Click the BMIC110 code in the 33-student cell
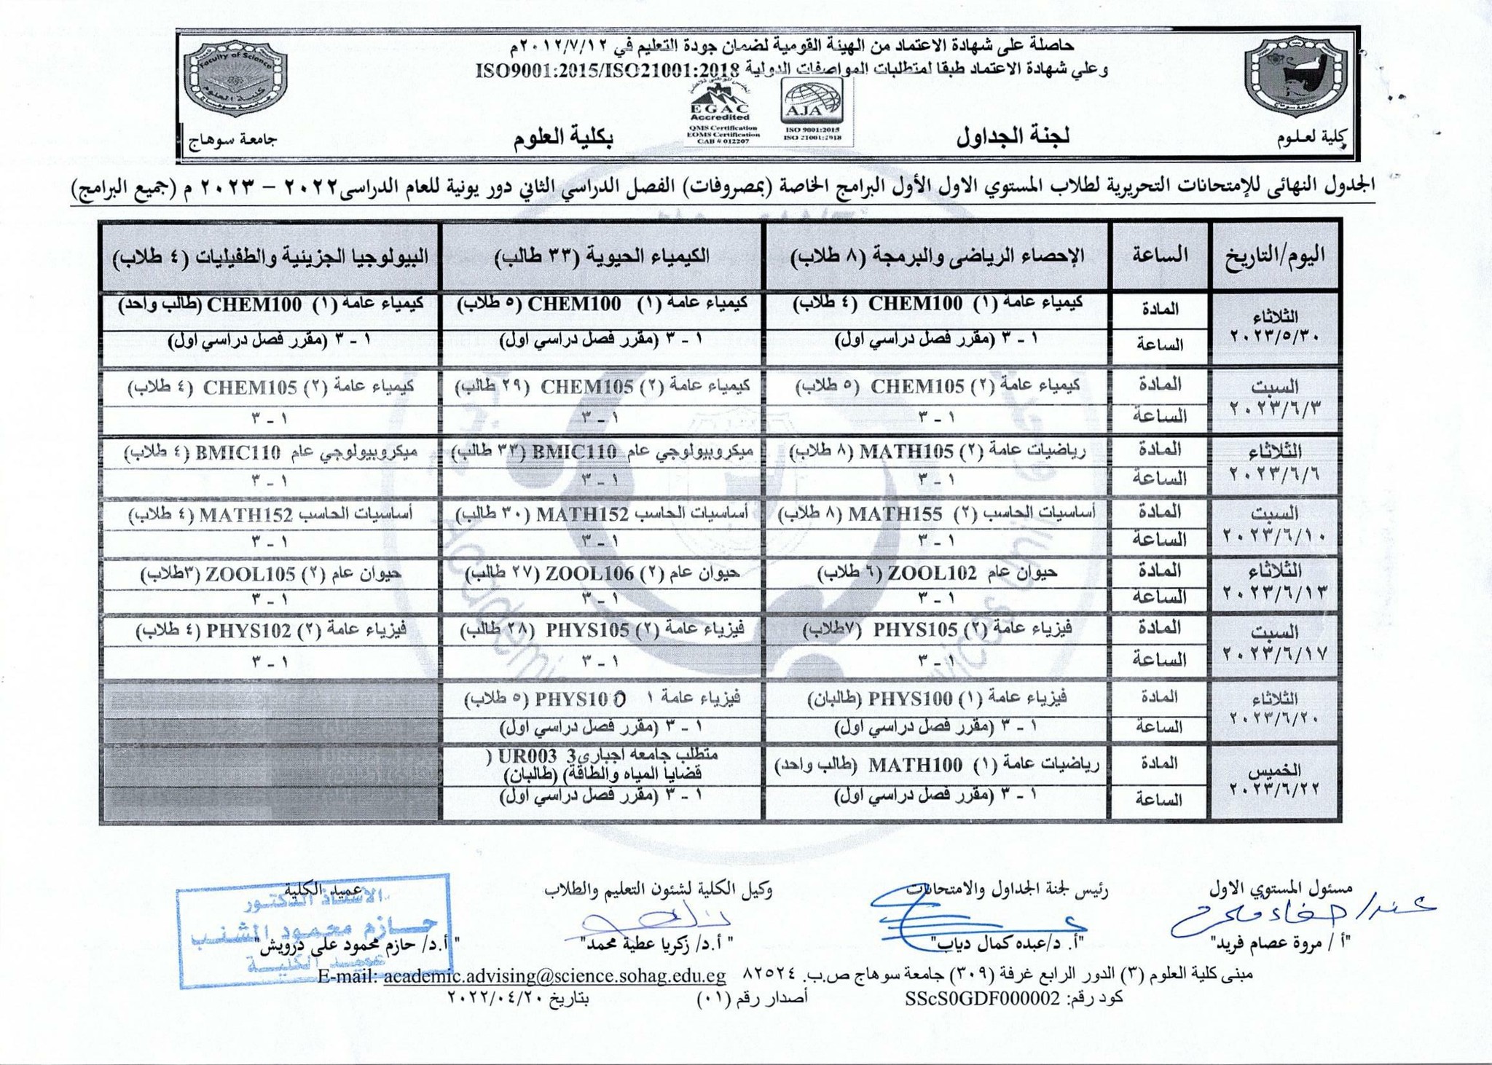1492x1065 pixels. pos(575,452)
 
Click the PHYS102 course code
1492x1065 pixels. pos(249,630)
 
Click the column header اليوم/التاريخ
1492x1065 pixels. pos(1275,256)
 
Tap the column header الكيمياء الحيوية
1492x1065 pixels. pos(602,256)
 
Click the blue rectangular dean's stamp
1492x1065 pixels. pos(313,930)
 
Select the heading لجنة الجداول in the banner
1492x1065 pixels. pos(1013,136)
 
